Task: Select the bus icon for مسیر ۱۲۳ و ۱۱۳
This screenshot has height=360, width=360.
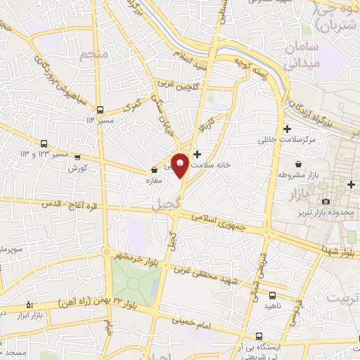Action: [x=44, y=142]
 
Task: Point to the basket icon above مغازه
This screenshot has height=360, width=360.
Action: [x=154, y=169]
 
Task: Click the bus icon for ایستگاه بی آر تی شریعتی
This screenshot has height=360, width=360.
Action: [x=260, y=336]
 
